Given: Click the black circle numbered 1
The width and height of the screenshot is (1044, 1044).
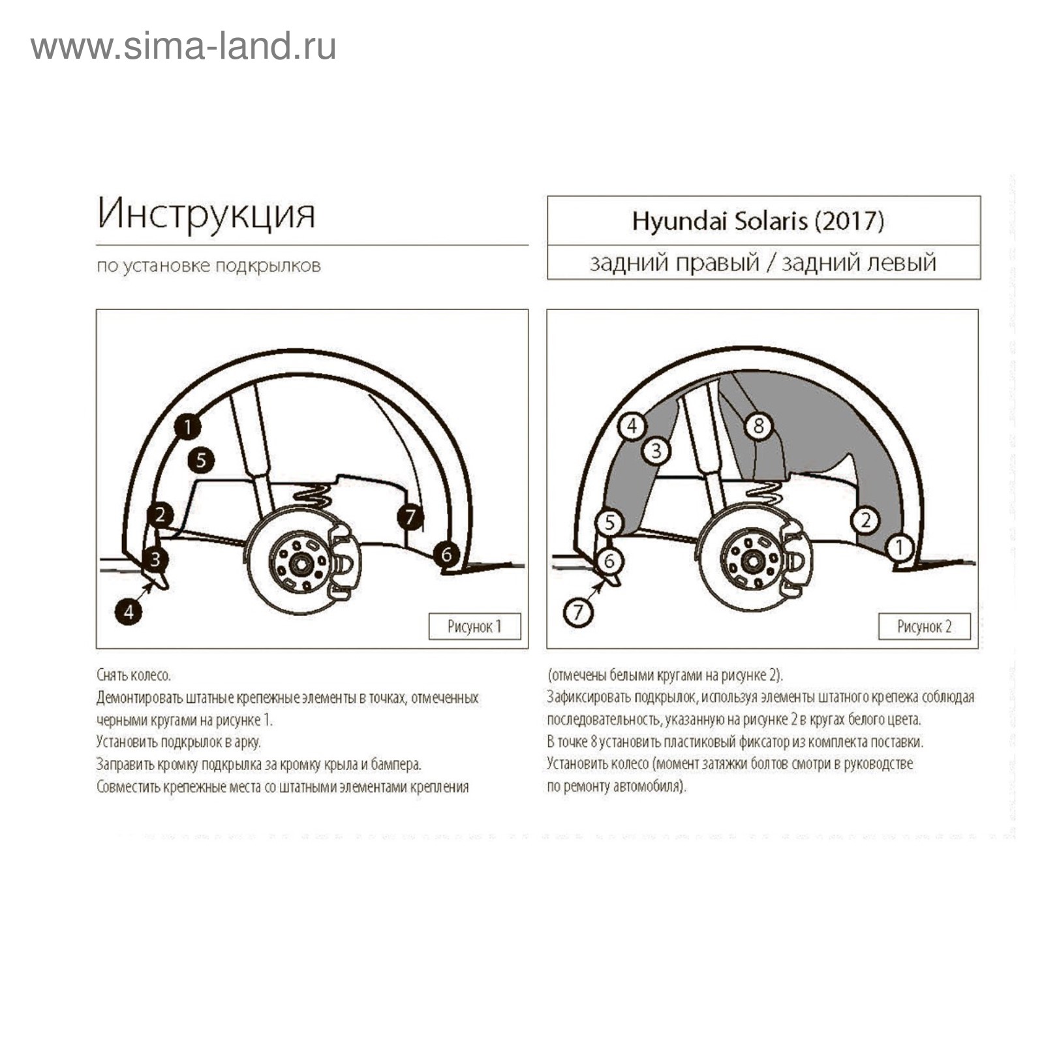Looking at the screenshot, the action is (187, 427).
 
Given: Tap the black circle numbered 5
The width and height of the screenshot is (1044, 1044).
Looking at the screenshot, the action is (201, 461).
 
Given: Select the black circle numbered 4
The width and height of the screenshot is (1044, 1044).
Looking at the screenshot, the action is (129, 612).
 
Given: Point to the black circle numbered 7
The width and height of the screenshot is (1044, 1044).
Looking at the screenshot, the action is (410, 517).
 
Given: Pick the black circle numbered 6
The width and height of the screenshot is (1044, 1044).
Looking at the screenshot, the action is (446, 554).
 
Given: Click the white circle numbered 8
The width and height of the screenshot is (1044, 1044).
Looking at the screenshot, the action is (758, 426).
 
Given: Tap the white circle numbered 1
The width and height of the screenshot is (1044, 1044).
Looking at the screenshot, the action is (900, 547).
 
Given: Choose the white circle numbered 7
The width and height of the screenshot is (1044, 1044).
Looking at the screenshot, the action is (577, 612).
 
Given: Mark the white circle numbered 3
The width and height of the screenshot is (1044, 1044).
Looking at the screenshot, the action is (656, 450).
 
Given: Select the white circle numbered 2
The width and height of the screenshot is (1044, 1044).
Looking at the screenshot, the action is (865, 520).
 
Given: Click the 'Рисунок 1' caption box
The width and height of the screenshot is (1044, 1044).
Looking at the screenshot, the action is (474, 626).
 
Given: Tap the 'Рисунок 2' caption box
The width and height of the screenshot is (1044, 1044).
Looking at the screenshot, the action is (924, 626).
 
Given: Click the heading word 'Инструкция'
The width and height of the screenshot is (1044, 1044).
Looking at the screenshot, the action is (206, 213).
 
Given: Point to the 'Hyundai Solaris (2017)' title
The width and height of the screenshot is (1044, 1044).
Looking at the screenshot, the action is (758, 221).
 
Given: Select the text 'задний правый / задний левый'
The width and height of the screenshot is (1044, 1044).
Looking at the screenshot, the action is (763, 262).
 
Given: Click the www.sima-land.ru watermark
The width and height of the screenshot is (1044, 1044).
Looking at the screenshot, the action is (183, 47).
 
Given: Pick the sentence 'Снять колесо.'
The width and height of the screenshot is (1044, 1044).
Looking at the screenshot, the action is (133, 675).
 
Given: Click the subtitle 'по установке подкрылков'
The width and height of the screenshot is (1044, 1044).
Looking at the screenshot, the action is (209, 266).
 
